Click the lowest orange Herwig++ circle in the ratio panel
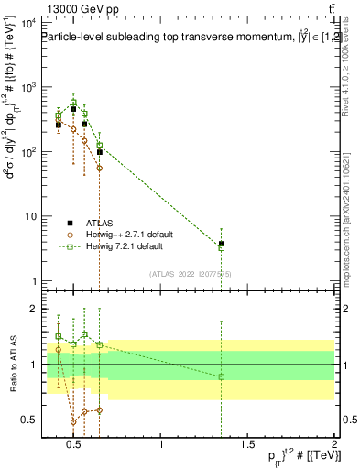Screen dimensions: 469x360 73,422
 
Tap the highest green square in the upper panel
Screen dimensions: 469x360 73,103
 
